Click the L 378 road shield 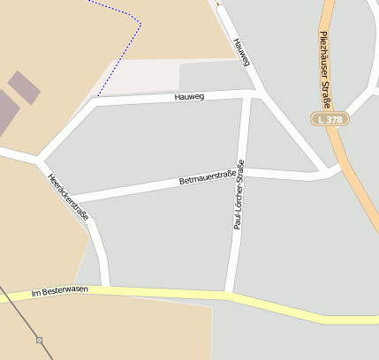tap(330, 118)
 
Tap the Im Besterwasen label tap(60, 291)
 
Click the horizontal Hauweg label tap(189, 96)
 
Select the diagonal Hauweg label tap(242, 52)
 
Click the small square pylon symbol tap(39, 339)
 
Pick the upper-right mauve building tap(24, 87)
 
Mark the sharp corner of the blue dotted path tap(140, 21)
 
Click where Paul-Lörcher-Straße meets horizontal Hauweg tap(246, 94)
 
